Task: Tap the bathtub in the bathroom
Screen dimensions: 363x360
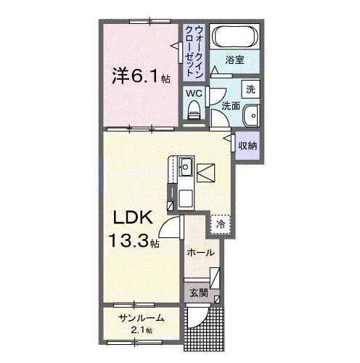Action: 233,37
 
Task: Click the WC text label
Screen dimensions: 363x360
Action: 192,93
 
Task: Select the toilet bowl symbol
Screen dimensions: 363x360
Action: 193,110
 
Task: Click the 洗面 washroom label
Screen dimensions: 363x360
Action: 231,106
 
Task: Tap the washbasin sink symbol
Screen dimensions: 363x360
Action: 250,115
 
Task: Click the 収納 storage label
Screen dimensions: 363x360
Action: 248,146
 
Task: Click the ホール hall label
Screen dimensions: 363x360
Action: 200,253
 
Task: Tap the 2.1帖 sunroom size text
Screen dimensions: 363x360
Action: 143,331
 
